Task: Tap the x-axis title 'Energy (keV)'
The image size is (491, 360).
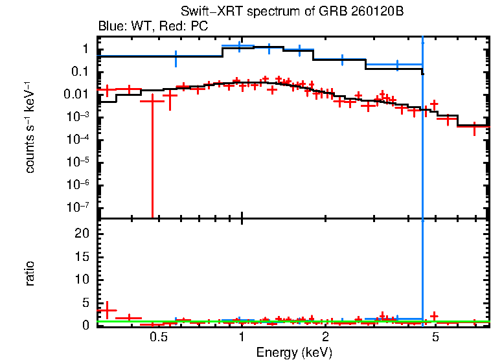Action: [294, 352]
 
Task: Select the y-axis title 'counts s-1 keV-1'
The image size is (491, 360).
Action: [30, 128]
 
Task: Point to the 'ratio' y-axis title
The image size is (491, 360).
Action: [30, 273]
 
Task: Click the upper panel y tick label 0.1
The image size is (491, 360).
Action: [80, 72]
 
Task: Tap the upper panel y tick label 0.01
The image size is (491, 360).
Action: [76, 95]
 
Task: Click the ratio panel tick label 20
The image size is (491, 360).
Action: [81, 234]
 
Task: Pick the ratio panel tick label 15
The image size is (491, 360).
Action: [81, 256]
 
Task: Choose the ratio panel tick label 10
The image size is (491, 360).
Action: [81, 279]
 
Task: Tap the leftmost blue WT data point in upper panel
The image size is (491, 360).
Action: [176, 58]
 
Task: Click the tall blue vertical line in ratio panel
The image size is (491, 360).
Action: [422, 272]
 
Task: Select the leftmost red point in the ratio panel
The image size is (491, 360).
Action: [107, 310]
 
